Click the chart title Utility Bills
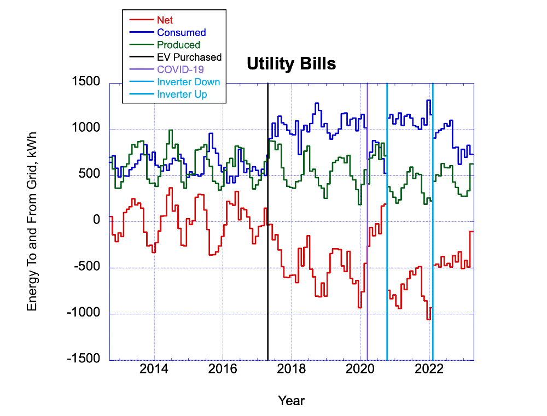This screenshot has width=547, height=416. coord(291,65)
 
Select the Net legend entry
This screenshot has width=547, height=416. coord(165,20)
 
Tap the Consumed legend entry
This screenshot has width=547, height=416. coord(181,33)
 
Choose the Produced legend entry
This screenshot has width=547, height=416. coord(178,45)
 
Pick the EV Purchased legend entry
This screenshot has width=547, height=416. coord(189,57)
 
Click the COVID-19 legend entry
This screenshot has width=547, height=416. coord(179,69)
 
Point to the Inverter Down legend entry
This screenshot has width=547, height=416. coord(188,82)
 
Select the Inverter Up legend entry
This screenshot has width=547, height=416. coord(182,94)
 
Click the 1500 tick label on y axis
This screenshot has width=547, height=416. coord(87,82)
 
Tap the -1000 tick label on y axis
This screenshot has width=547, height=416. coord(84,313)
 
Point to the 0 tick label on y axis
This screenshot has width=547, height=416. coord(96,221)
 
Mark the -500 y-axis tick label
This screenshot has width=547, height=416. coord(87,267)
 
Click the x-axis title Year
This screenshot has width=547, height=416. coord(291,401)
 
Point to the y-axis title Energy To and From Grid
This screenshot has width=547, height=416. coord(32,221)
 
